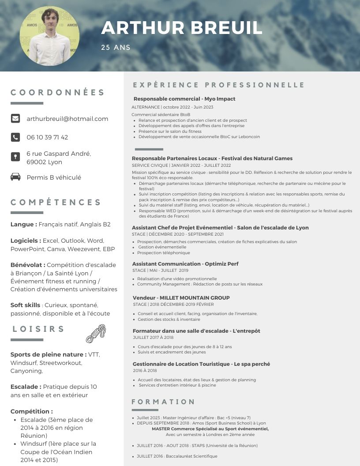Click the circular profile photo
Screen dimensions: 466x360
point(49,36)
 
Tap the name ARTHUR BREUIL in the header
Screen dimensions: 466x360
point(182,28)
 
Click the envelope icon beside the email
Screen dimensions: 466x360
point(15,118)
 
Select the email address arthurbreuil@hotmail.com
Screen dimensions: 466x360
point(67,119)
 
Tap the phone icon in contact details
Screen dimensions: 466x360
point(15,137)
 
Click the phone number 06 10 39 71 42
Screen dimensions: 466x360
point(47,137)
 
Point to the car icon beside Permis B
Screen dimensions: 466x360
point(15,177)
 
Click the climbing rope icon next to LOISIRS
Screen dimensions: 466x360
point(96,334)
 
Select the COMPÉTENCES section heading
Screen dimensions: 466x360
point(56,203)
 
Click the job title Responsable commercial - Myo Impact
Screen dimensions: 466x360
point(184,99)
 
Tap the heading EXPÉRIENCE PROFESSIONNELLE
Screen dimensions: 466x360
point(219,85)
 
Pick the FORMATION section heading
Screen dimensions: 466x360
point(163,402)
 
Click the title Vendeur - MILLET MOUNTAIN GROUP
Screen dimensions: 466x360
point(181,297)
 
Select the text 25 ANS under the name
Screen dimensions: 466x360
point(116,47)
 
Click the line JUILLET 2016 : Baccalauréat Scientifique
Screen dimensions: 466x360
point(176,456)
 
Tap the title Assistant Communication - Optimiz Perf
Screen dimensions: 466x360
point(185,264)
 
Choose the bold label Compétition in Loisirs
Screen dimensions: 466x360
point(31,411)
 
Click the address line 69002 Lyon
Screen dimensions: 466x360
point(44,162)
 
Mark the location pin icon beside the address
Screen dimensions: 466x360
point(15,157)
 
